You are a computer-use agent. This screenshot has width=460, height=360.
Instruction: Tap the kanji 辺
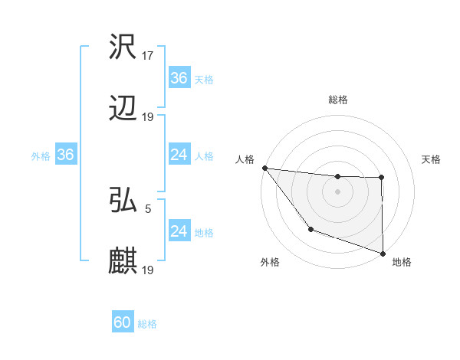click(123, 110)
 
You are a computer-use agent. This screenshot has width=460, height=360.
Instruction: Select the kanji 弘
click(123, 201)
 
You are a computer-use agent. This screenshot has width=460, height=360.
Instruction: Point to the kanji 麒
click(123, 261)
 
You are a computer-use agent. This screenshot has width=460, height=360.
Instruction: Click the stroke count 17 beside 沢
click(149, 56)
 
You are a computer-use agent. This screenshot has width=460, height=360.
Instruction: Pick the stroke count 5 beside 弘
click(149, 208)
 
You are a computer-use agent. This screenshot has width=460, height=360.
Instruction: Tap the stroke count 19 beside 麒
click(149, 270)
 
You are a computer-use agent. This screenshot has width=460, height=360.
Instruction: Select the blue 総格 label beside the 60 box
click(147, 324)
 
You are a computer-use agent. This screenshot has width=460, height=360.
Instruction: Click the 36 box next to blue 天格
click(179, 78)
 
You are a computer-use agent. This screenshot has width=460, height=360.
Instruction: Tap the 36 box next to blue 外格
click(66, 155)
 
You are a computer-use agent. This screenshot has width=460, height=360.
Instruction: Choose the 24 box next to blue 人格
click(179, 155)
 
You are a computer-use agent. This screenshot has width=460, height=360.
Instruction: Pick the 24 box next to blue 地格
click(179, 231)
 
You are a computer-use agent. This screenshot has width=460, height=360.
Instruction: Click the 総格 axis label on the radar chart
click(338, 100)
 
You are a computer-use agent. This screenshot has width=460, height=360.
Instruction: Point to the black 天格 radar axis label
click(431, 159)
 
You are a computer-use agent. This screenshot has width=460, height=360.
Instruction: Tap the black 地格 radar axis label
click(402, 262)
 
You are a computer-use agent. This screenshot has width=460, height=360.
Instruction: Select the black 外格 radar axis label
click(270, 262)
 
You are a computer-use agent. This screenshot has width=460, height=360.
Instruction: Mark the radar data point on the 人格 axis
click(264, 168)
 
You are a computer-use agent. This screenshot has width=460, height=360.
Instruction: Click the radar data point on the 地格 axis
click(383, 253)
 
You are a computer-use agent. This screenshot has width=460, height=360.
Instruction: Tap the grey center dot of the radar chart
click(337, 191)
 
